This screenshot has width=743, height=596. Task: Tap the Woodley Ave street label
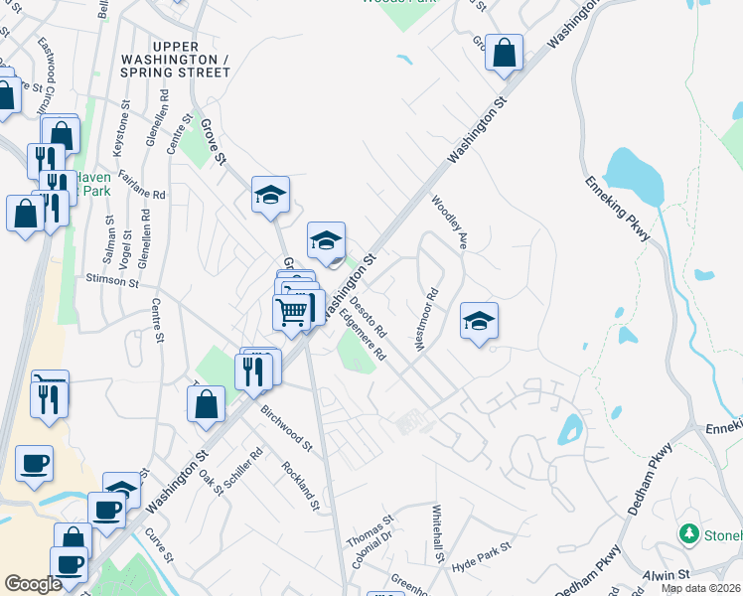(x=448, y=223)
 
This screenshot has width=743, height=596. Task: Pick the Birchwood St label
(x=286, y=424)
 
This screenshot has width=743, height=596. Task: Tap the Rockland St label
(x=301, y=485)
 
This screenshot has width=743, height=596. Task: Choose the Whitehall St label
(x=437, y=534)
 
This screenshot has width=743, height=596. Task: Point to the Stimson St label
(x=112, y=281)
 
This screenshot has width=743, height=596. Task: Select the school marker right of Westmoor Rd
(x=479, y=321)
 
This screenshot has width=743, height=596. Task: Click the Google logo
(x=33, y=583)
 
